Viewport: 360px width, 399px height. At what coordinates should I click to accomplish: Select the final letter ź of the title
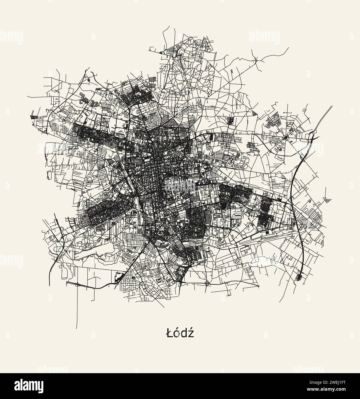190,334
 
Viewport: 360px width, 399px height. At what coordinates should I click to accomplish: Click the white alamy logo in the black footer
23,386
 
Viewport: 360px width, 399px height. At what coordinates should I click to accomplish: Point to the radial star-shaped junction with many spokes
286,138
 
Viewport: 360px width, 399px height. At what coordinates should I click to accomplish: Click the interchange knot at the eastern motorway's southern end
299,277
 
